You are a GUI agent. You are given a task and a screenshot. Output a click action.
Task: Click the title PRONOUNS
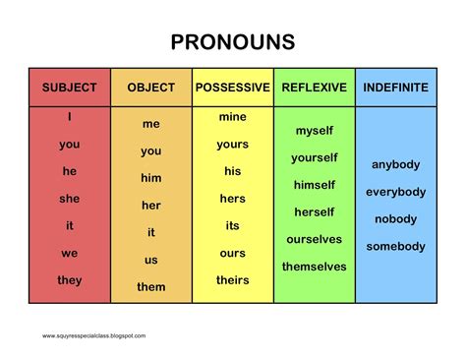[x=232, y=42]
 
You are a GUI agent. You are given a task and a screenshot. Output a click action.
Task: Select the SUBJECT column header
[x=69, y=88]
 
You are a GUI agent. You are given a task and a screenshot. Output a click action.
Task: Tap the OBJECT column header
[x=150, y=88]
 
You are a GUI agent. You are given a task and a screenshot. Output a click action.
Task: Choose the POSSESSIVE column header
[x=232, y=88]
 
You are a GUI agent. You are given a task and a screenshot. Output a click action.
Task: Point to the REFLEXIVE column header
[x=314, y=88]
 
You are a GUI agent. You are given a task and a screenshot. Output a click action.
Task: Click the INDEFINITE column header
[x=396, y=88]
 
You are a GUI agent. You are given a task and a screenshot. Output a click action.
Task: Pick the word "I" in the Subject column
[x=69, y=117]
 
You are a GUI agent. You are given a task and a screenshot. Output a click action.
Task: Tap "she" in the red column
[x=69, y=198]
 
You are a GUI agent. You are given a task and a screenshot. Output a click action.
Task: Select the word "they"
[x=69, y=280]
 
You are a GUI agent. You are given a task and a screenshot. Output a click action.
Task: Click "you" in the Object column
[x=150, y=151]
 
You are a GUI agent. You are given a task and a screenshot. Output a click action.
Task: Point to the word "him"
[x=150, y=178]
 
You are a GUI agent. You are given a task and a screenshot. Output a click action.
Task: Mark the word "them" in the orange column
[x=150, y=287]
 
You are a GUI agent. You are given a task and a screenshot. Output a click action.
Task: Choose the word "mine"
[x=232, y=117]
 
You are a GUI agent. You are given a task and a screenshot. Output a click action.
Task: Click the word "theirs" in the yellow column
[x=232, y=280]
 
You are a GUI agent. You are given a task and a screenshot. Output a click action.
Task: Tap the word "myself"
[x=314, y=131]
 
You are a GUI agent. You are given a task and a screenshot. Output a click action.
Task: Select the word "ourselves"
[x=314, y=239]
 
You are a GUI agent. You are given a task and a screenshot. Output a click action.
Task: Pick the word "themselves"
[x=314, y=267]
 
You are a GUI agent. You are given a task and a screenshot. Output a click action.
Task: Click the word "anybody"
[x=396, y=164]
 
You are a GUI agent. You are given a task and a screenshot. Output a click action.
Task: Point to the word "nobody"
[x=396, y=218]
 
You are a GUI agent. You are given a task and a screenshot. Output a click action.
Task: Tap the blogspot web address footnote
[x=93, y=335]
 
